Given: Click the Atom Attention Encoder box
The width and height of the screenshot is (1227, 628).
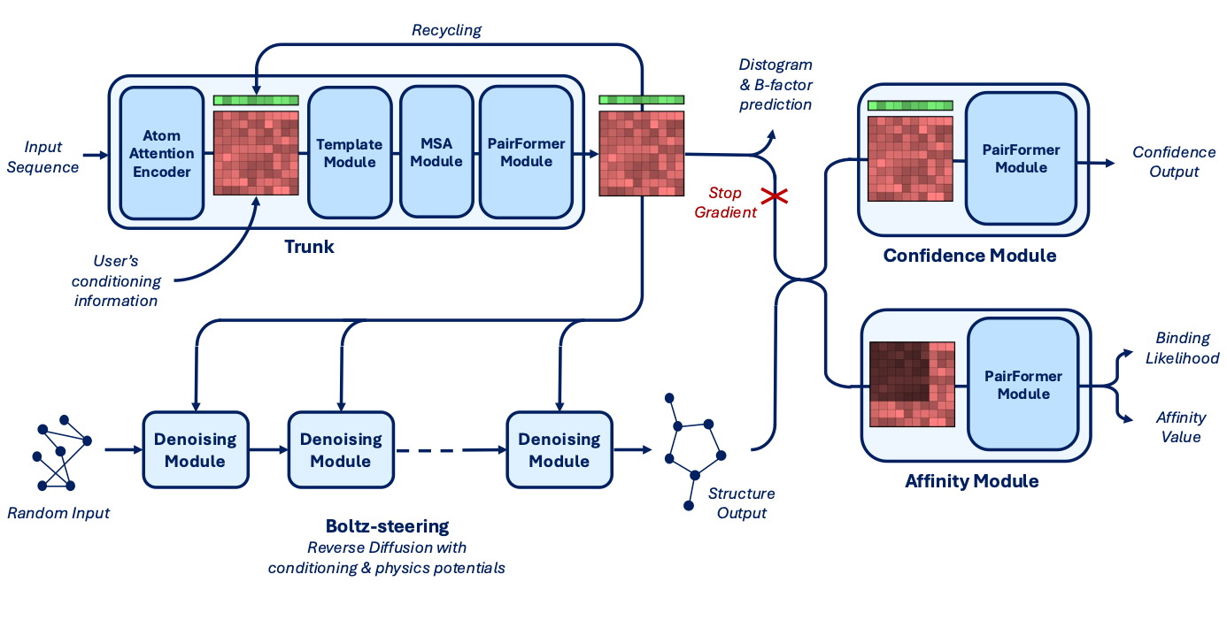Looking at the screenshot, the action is (162, 153).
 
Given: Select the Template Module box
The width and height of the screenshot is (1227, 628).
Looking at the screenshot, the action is (350, 153).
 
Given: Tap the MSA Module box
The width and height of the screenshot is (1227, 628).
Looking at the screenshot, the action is (436, 152).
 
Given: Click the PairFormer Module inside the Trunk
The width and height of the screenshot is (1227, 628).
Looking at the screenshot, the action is (527, 152).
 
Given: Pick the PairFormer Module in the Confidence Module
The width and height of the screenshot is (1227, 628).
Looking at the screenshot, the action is (1021, 158).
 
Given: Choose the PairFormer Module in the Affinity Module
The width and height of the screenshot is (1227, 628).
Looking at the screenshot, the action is (1023, 385).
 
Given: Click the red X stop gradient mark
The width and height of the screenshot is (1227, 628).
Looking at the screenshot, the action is (775, 196).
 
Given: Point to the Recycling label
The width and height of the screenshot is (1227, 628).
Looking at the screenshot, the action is (446, 30).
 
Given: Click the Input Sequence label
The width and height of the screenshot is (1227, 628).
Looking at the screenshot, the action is (42, 157).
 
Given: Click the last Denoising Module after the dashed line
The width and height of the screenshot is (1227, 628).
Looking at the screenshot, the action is (559, 449).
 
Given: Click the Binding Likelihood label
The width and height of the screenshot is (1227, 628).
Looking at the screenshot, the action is (1182, 348).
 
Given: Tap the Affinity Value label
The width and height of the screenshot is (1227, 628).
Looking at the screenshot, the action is (1181, 427).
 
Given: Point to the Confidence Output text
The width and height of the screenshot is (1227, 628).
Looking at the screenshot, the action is (1174, 162).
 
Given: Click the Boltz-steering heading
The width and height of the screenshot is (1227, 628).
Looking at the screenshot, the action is (387, 526).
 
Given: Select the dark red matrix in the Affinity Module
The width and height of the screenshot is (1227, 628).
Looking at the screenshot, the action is (913, 385).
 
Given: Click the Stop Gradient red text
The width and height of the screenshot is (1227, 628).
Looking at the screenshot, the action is (725, 202).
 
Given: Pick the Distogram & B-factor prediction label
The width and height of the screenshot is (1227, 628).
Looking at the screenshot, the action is (776, 84).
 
